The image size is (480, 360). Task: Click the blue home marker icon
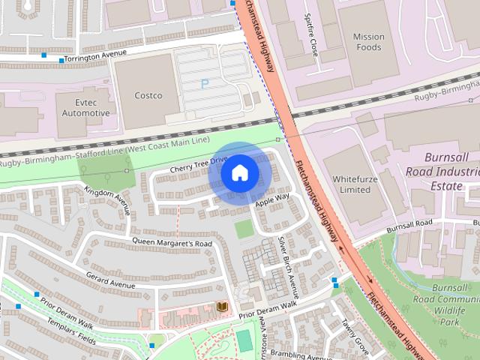(239, 173)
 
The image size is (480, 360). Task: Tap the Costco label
(148, 95)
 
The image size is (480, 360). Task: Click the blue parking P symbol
(204, 84)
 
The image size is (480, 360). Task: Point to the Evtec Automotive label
(85, 106)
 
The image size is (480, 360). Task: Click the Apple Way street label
(271, 199)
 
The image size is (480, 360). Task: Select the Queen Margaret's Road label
(172, 243)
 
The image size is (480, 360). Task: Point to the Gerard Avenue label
(110, 280)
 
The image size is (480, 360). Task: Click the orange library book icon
(221, 307)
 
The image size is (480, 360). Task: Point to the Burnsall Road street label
(410, 223)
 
